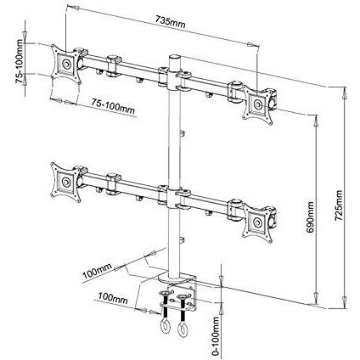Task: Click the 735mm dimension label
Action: click(170, 22)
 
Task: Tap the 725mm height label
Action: click(339, 205)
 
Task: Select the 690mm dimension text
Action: click(311, 217)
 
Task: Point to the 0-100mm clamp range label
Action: click(216, 336)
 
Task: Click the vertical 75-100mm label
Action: click(20, 61)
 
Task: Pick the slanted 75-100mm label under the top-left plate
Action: click(113, 105)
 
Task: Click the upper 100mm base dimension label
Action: click(97, 272)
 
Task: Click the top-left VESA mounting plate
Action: click(66, 64)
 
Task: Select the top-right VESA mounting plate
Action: click(258, 105)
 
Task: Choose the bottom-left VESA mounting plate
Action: click(65, 182)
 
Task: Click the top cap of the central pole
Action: click(175, 56)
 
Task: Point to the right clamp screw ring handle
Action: click(183, 329)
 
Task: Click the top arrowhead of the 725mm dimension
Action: click(344, 94)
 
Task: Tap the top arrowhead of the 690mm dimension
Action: click(316, 121)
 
